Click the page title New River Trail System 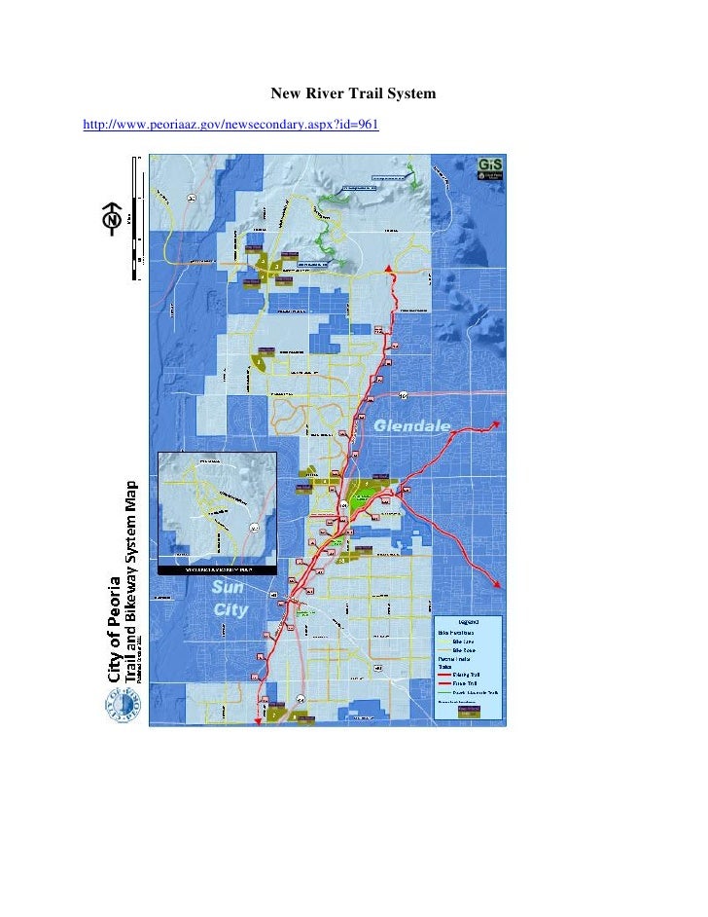tap(353, 94)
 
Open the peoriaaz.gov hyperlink tap(230, 126)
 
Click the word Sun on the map tap(230, 589)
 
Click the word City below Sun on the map tap(230, 610)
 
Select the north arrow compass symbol tap(114, 221)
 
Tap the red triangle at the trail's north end tap(390, 268)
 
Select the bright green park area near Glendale tap(365, 494)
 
